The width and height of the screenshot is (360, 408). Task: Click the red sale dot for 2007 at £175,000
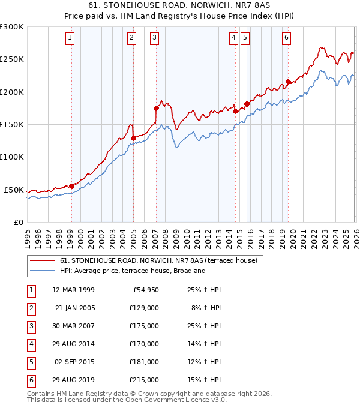point(156,108)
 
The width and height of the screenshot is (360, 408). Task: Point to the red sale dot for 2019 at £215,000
point(288,82)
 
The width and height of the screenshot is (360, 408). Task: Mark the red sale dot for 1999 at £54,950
point(71,186)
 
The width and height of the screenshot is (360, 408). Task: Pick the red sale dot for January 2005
point(133,138)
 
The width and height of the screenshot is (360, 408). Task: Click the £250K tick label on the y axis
point(12,59)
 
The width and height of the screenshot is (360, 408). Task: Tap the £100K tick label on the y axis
point(12,157)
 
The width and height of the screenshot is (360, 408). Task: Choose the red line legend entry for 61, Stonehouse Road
point(158,260)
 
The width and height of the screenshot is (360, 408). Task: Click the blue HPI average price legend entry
point(132,271)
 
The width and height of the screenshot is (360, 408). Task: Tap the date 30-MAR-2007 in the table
point(74,326)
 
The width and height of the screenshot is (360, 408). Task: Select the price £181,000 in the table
point(145,362)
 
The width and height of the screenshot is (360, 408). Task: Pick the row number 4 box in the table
point(30,344)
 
